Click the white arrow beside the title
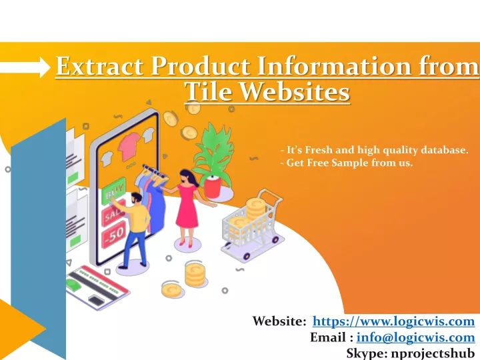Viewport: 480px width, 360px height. click(x=25, y=67)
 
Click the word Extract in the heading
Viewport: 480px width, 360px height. click(x=100, y=66)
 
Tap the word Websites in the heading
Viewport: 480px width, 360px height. click(x=294, y=91)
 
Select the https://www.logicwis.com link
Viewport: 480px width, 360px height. click(x=394, y=321)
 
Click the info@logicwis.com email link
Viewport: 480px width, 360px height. click(x=416, y=337)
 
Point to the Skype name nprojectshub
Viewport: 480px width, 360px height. click(x=431, y=353)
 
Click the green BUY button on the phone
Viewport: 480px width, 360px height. click(x=113, y=191)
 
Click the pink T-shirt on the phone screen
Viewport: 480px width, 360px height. click(x=129, y=146)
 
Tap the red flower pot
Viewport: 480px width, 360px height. click(x=213, y=187)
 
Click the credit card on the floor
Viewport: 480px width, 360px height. click(x=97, y=287)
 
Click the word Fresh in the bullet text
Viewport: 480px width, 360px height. click(x=319, y=150)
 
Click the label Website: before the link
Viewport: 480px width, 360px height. click(x=279, y=321)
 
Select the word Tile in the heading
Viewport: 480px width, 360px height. click(x=208, y=91)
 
